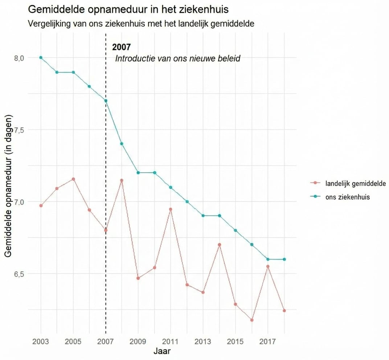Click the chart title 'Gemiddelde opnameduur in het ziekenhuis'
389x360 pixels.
(x=128, y=9)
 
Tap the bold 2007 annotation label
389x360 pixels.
(x=121, y=47)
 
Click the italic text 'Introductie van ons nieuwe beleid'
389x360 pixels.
(x=178, y=58)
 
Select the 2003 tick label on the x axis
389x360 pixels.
(x=41, y=342)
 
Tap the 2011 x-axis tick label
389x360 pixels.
(x=171, y=342)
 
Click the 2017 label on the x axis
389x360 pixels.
(x=268, y=342)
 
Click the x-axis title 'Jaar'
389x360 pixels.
(x=162, y=351)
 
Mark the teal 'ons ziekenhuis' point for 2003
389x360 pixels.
(x=41, y=57)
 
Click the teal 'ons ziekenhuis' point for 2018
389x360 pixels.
(x=284, y=259)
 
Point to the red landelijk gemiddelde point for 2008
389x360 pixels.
(x=122, y=180)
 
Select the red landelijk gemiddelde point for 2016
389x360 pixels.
(x=252, y=320)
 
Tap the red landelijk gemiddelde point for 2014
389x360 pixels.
(x=220, y=245)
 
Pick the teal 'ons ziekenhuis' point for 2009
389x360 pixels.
(x=138, y=172)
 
